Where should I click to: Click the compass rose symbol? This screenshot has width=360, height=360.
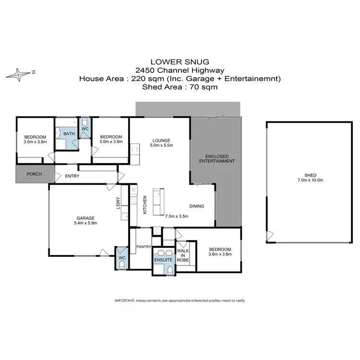[20, 73]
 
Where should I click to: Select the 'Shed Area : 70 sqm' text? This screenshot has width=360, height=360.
[180, 87]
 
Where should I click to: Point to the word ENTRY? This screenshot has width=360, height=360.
[72, 176]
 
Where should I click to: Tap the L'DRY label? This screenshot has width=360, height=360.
[118, 203]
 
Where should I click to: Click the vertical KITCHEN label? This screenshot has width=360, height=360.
[144, 204]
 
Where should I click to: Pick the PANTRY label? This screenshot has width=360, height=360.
[144, 247]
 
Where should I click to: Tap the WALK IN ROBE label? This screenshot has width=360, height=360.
[182, 255]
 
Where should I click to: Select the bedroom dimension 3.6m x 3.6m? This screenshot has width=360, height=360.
[220, 254]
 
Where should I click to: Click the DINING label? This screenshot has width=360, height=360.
[196, 206]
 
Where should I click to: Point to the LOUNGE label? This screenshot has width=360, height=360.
[161, 140]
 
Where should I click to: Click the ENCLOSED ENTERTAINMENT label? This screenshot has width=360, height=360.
[220, 159]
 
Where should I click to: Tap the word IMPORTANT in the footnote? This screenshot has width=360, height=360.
[125, 300]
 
